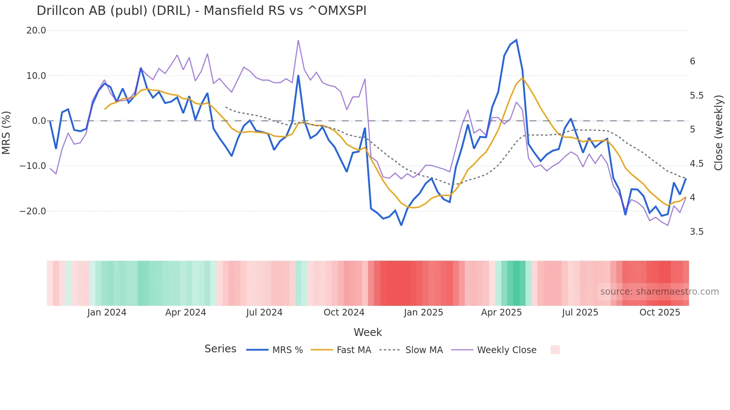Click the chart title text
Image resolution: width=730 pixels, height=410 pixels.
coord(201,11)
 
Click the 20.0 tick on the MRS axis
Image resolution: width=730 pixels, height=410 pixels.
coord(36,31)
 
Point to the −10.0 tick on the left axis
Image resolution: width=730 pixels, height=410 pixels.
coord(33,166)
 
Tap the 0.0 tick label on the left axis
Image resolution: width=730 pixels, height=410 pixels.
coord(39,121)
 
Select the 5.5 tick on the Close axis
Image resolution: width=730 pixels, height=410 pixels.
coord(696,96)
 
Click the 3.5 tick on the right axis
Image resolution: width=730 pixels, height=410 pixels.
coord(696,232)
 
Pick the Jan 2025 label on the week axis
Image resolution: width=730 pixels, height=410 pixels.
coord(423,313)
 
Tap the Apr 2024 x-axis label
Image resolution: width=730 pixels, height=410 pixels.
coord(185,313)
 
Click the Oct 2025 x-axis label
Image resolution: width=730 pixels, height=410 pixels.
coord(660,313)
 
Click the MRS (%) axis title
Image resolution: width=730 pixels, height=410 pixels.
coord(6,132)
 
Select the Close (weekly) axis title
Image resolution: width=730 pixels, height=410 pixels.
coord(718,133)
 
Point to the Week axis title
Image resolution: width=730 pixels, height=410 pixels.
coord(368,332)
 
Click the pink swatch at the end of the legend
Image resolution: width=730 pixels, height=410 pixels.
coord(555,350)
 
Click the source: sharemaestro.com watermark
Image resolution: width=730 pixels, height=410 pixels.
coord(659,292)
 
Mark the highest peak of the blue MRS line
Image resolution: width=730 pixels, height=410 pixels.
coord(516,40)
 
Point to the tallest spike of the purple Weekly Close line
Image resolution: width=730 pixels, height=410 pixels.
coord(298,41)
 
